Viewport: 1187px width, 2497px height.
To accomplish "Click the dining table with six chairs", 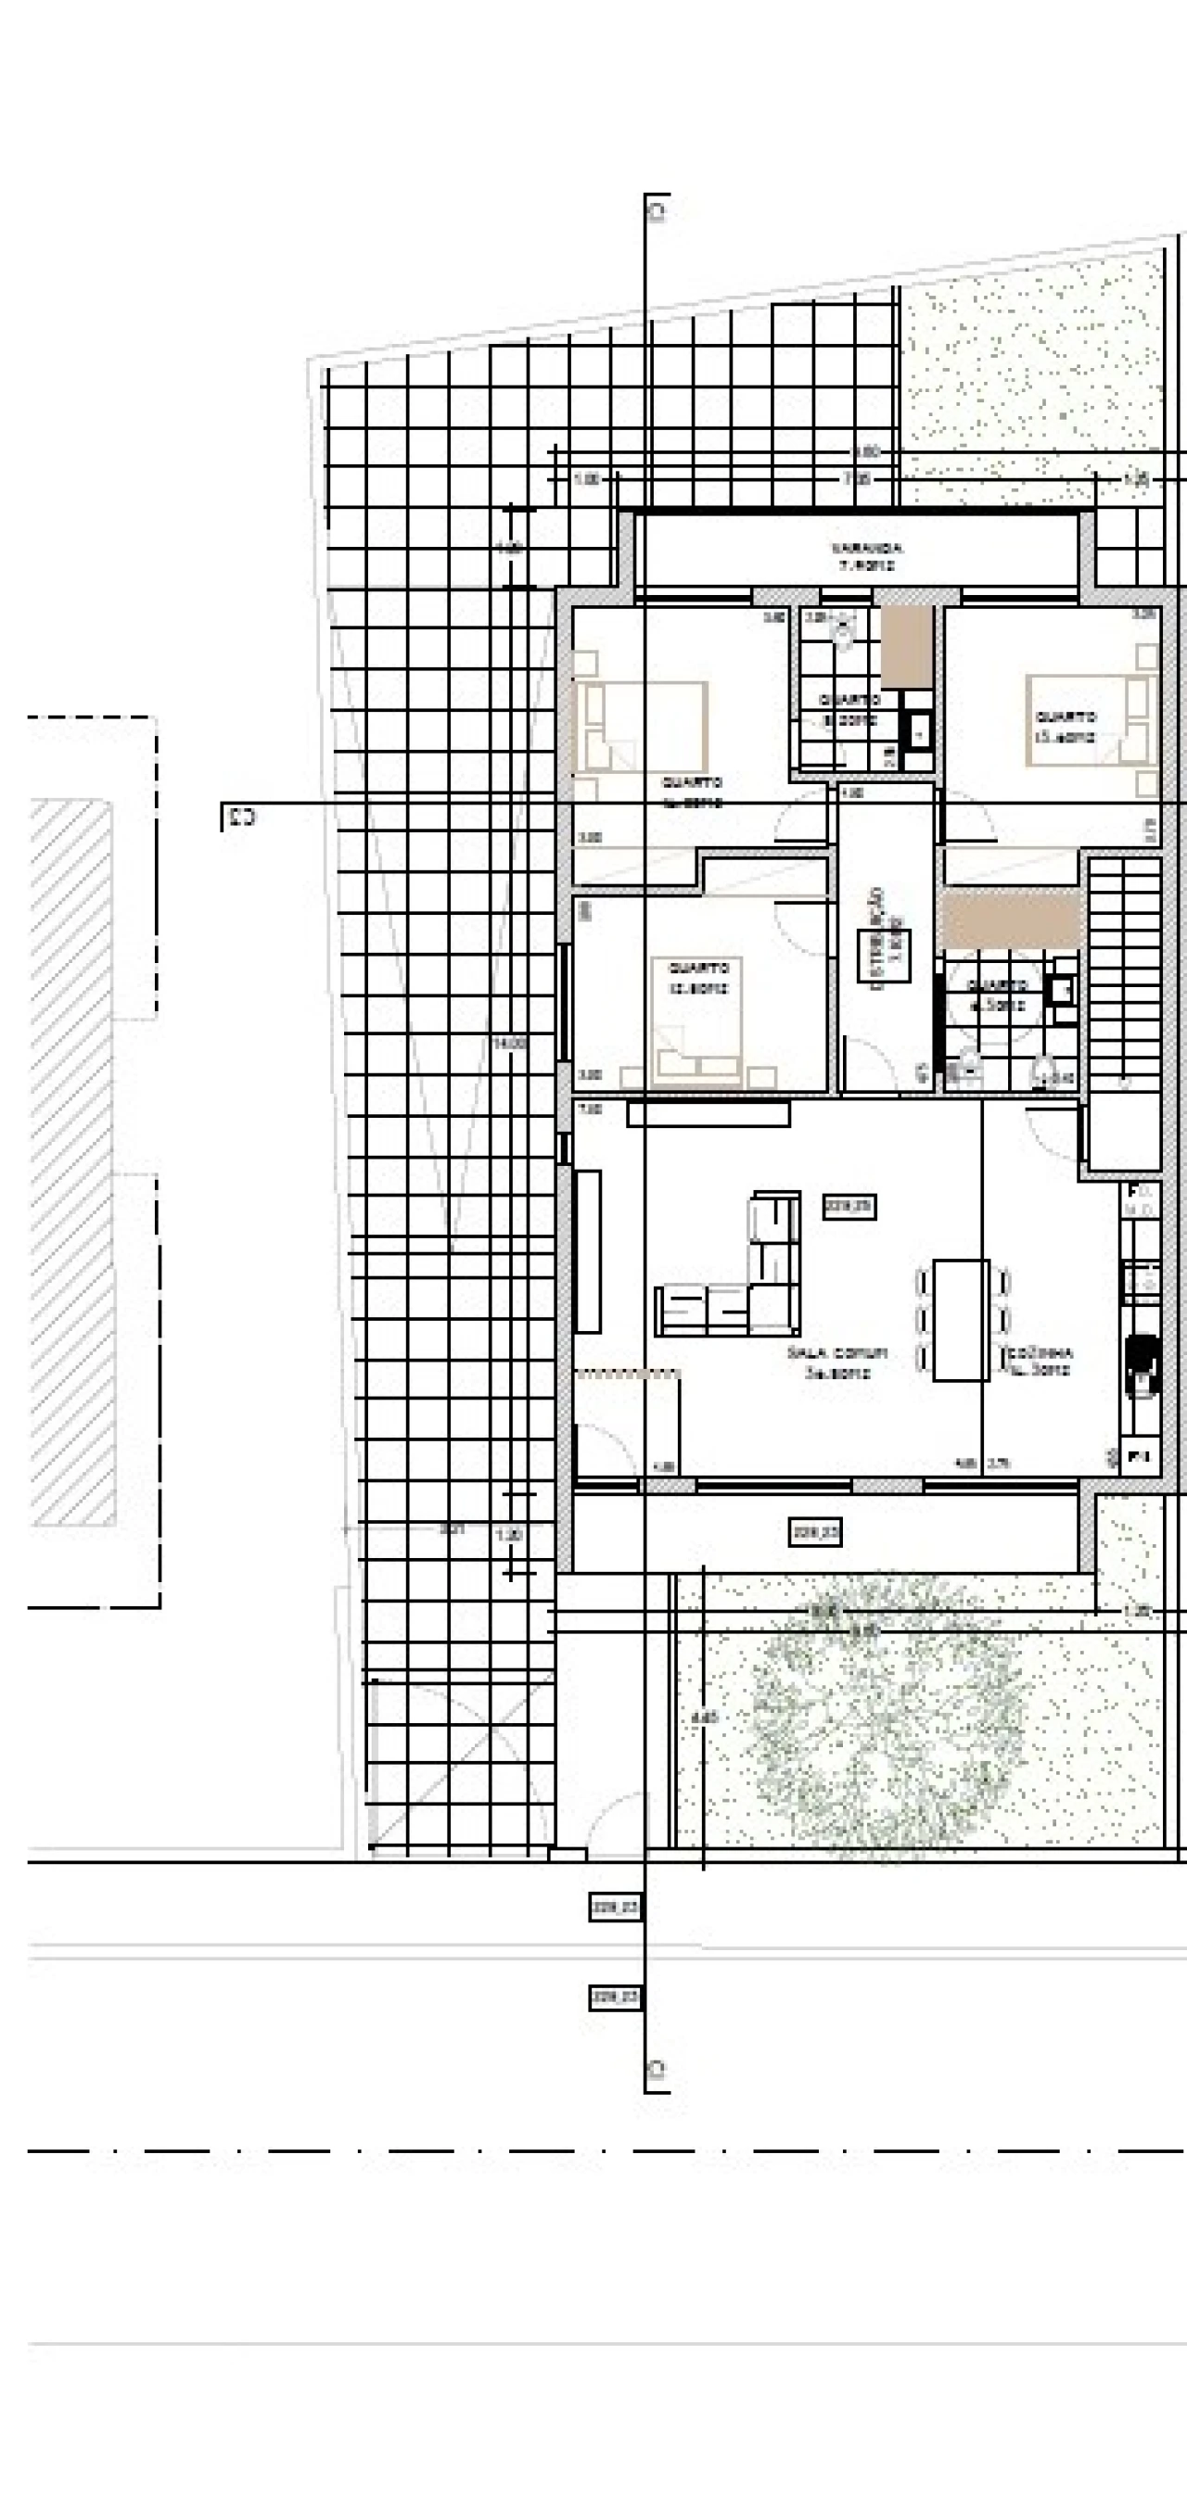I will [x=960, y=1319].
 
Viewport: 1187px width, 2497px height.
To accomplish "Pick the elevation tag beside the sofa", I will [x=849, y=1207].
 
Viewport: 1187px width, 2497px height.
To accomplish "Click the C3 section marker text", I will [x=238, y=818].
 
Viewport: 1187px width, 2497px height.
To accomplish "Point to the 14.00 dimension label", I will [x=510, y=1044].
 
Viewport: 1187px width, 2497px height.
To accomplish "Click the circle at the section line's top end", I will [x=658, y=209].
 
